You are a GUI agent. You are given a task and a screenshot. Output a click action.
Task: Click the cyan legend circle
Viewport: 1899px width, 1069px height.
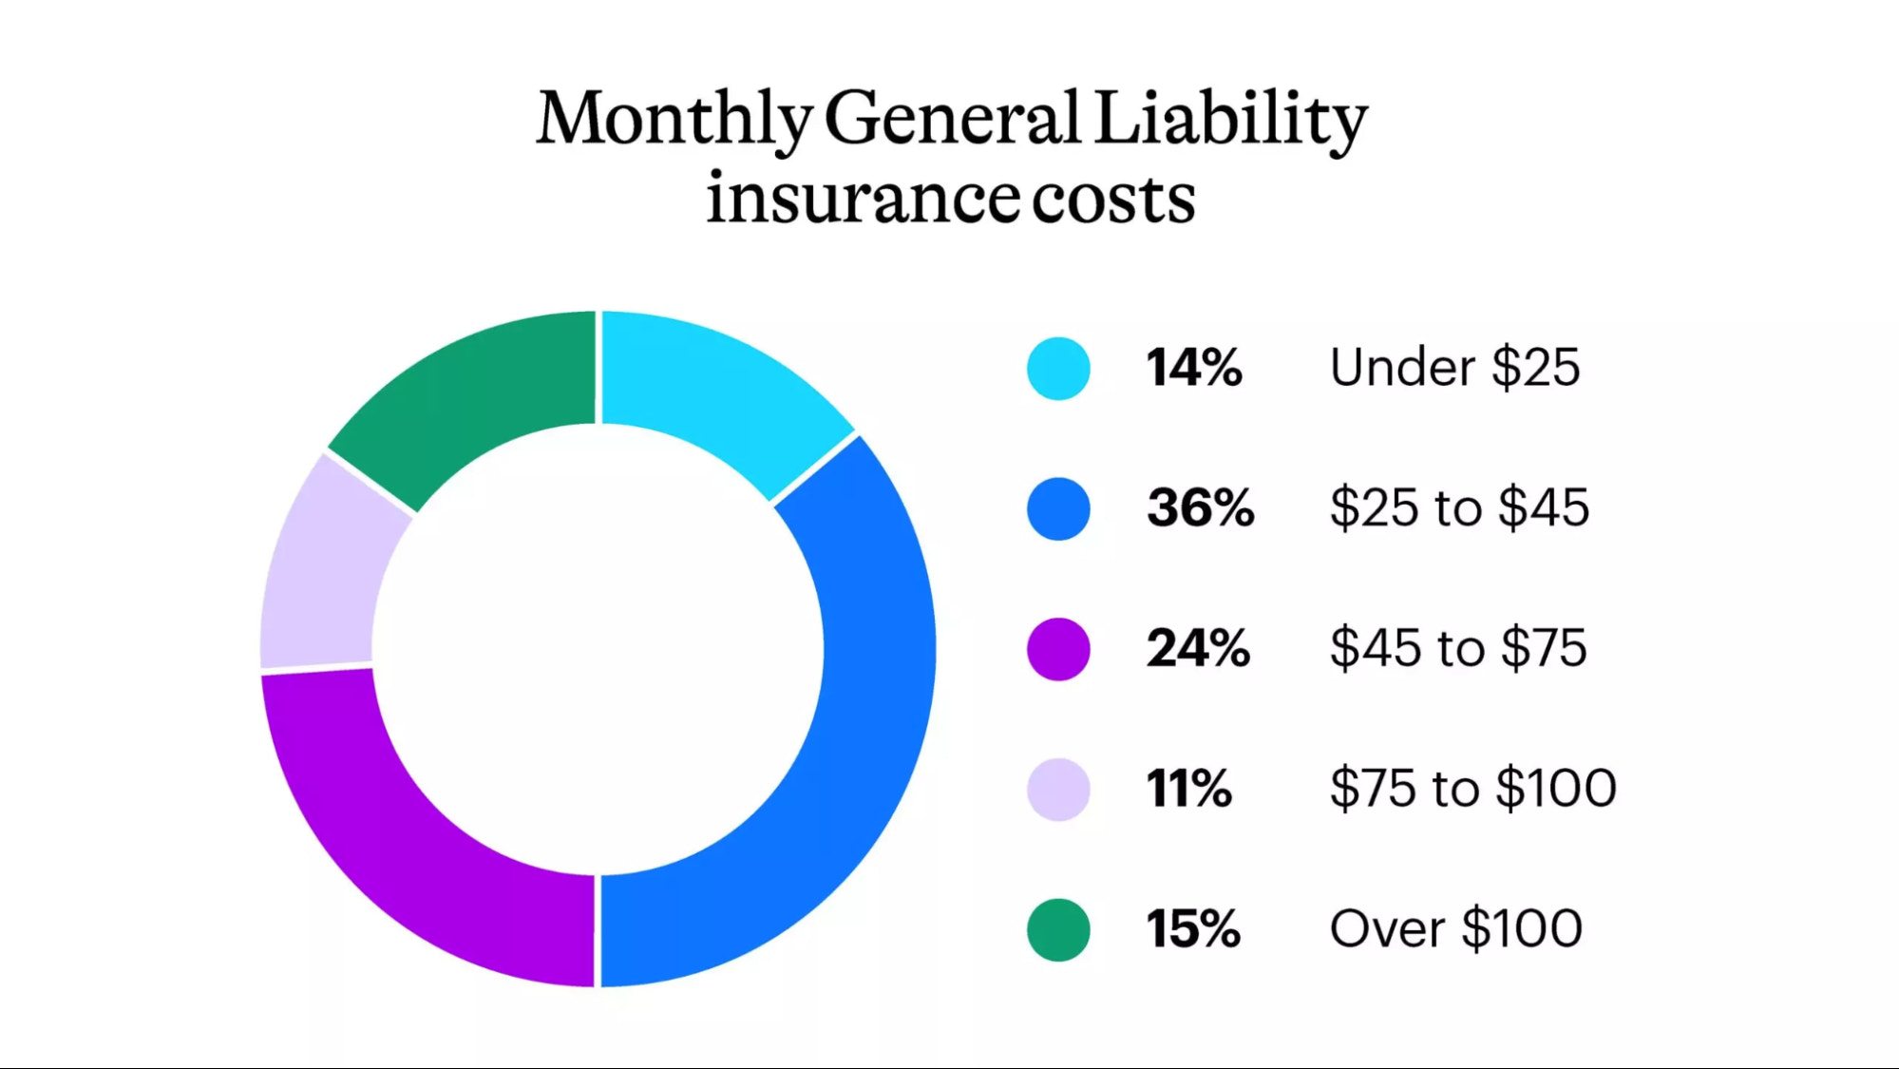point(1057,369)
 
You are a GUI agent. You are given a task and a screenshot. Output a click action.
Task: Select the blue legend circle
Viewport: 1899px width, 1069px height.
point(1057,508)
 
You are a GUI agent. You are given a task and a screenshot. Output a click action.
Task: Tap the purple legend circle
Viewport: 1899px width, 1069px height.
point(1057,649)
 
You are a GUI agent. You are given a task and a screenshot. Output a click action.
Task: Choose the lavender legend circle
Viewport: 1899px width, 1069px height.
point(1057,789)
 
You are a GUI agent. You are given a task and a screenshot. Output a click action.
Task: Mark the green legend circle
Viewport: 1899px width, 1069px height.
point(1057,929)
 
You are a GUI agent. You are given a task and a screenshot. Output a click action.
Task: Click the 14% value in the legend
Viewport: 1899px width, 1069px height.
point(1193,368)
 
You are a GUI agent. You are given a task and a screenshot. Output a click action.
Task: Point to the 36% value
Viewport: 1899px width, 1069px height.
point(1200,507)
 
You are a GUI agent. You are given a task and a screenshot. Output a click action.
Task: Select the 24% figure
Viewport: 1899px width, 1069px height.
point(1197,648)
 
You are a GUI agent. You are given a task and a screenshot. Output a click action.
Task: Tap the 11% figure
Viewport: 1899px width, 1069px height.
point(1188,789)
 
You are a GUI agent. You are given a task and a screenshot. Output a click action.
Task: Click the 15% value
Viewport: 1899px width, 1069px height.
point(1192,928)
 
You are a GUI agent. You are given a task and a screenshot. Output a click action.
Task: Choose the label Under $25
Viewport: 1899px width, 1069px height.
point(1454,368)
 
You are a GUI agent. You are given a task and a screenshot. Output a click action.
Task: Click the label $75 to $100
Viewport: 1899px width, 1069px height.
point(1472,789)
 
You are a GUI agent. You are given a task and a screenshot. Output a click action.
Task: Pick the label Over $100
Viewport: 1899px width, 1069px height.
point(1455,928)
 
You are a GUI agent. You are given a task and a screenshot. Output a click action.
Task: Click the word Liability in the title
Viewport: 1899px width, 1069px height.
point(1230,119)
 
